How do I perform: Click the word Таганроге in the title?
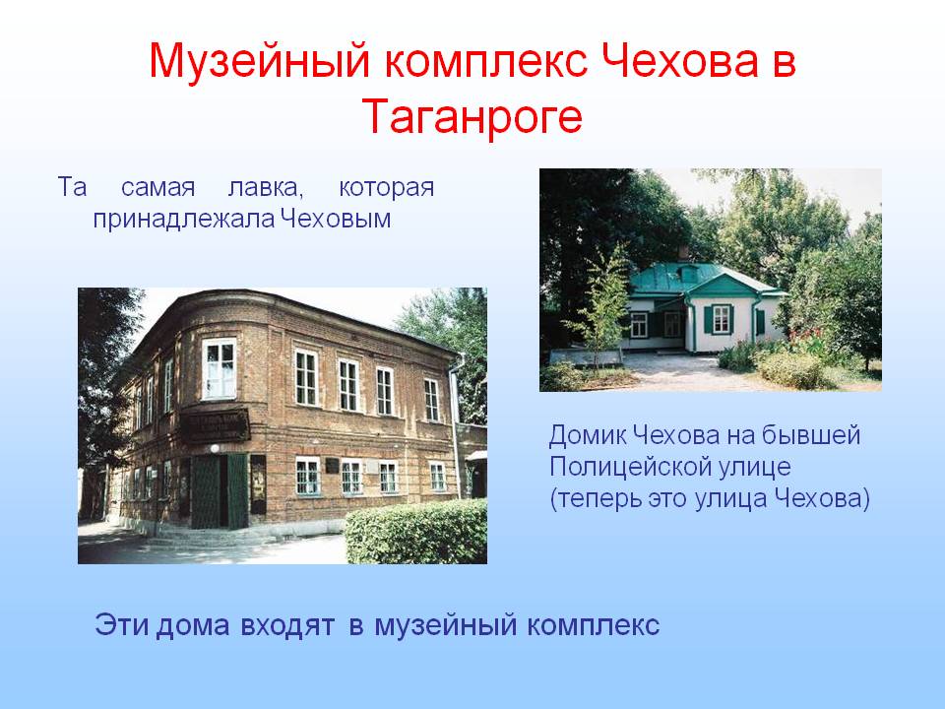pyautogui.click(x=473, y=117)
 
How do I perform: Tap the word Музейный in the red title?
pyautogui.click(x=259, y=61)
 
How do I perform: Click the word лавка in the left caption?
pyautogui.click(x=265, y=188)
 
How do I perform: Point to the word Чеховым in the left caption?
pyautogui.click(x=336, y=219)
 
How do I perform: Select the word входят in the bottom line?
pyautogui.click(x=286, y=624)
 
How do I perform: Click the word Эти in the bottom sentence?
pyautogui.click(x=121, y=624)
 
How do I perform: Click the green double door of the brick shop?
pyautogui.click(x=219, y=490)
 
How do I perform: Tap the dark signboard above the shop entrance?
pyautogui.click(x=215, y=425)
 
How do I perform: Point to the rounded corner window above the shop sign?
pyautogui.click(x=219, y=368)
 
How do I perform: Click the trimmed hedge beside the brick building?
pyautogui.click(x=416, y=533)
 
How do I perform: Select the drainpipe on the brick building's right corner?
pyautogui.click(x=454, y=427)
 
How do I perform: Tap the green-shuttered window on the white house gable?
pyautogui.click(x=721, y=319)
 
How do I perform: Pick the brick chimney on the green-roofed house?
pyautogui.click(x=683, y=253)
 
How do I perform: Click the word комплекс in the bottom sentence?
pyautogui.click(x=593, y=624)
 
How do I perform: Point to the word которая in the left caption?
pyautogui.click(x=386, y=188)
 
